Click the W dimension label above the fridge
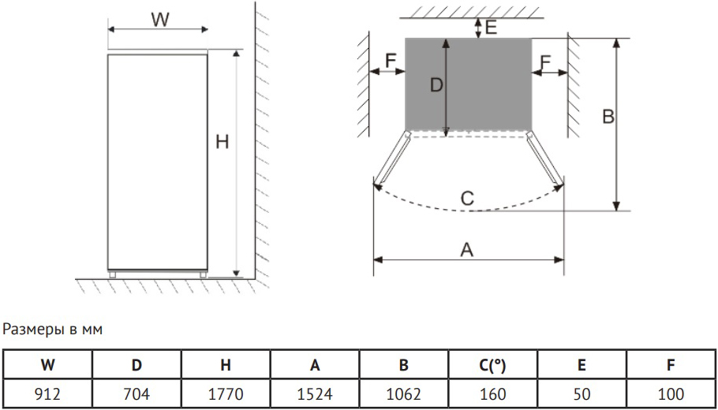(x=160, y=20)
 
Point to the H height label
(x=222, y=142)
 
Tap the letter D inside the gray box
(x=436, y=84)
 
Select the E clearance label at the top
(x=491, y=28)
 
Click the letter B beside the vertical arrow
(x=608, y=117)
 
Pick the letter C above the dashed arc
(x=467, y=199)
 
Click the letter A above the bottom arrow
(x=466, y=250)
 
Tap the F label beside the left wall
(x=390, y=61)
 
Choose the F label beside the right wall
(x=545, y=61)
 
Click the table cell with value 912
(x=47, y=393)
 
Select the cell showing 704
(x=136, y=393)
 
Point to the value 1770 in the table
(x=226, y=393)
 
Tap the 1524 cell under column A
(x=315, y=393)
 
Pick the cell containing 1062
(x=403, y=393)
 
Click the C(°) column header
(x=492, y=365)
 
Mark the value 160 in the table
(x=492, y=393)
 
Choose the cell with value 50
(x=582, y=393)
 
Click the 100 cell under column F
(x=671, y=393)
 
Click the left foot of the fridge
(x=112, y=274)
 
